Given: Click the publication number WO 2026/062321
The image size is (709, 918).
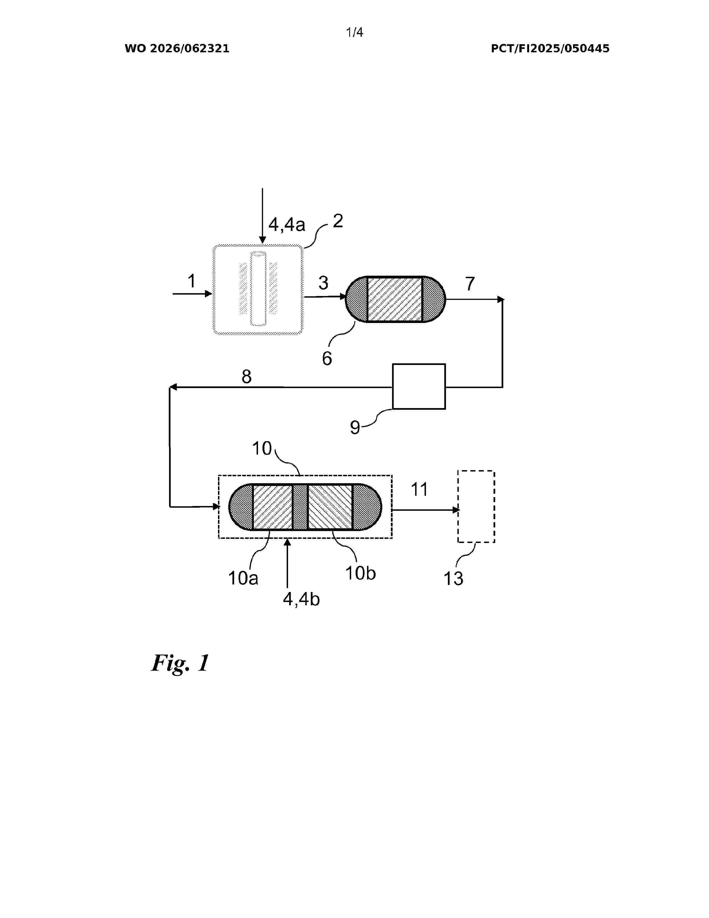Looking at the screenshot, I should [x=177, y=49].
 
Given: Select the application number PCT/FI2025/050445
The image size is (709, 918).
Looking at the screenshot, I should [x=550, y=49].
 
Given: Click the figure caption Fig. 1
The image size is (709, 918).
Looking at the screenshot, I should [x=180, y=663].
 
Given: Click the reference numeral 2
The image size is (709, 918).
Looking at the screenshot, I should [x=338, y=221].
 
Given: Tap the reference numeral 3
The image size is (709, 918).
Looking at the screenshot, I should [x=323, y=283].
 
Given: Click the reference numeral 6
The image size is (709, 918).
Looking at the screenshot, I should [x=327, y=359].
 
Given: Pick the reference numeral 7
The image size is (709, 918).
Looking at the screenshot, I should [x=470, y=284].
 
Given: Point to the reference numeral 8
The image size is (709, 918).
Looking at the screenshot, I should [x=247, y=377].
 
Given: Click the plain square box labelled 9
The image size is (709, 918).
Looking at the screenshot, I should [x=419, y=386].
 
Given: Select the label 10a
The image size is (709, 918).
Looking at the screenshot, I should [x=243, y=578].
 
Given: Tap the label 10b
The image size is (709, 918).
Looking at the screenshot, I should [x=360, y=573].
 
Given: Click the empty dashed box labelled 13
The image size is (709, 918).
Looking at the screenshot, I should [x=476, y=507].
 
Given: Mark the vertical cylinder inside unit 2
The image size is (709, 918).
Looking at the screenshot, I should [x=258, y=288].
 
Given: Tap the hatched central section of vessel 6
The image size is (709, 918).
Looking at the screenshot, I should [x=395, y=299].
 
